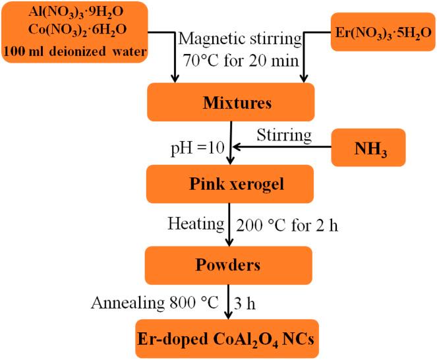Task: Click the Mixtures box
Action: pyautogui.click(x=228, y=104)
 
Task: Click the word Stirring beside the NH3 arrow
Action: pyautogui.click(x=283, y=136)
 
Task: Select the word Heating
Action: pyautogui.click(x=196, y=224)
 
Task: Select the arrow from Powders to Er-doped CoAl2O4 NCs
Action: pyautogui.click(x=227, y=301)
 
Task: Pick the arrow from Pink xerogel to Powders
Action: pyautogui.click(x=227, y=224)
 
